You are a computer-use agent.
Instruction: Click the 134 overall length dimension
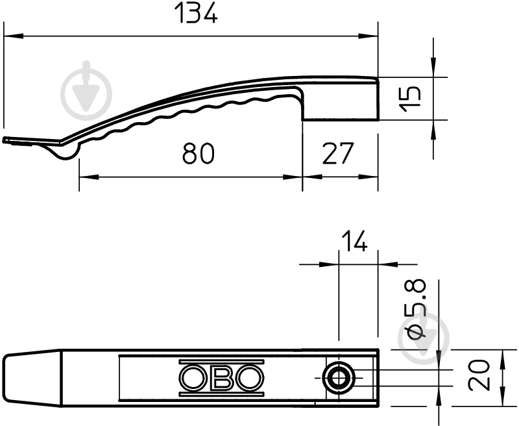point(196,12)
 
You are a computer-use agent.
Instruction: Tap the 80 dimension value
point(199,153)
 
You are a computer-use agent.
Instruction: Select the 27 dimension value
point(338,153)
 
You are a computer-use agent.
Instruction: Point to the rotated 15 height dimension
point(410,99)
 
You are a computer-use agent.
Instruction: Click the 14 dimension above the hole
point(354,241)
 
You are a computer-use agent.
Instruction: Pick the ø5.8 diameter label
point(416,309)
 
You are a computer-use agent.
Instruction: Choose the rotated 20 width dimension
point(479,375)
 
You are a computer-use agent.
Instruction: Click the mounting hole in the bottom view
point(339,378)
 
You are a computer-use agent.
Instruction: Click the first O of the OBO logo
point(193,378)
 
